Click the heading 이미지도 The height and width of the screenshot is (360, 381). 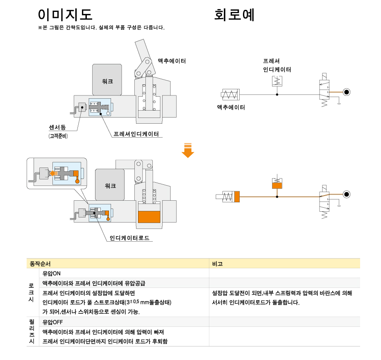pos(65,15)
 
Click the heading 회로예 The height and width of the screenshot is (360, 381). pos(234,15)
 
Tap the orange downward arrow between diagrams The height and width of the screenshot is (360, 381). pos(188,150)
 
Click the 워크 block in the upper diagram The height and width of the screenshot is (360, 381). pos(107,80)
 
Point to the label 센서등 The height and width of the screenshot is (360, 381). pos(57,127)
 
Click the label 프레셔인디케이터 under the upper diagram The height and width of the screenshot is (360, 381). pos(136,134)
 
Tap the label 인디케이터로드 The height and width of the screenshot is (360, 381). pos(129,238)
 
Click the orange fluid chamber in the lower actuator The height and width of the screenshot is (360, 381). pos(149,216)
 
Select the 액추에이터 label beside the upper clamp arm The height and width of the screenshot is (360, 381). pos(172,61)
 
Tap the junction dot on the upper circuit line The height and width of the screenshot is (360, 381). pos(277,95)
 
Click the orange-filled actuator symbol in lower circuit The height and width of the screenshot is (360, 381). pos(237,197)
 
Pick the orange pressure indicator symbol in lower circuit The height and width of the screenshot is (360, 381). pos(277,185)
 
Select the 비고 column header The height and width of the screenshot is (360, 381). pos(218,263)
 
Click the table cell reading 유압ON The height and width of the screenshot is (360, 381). pos(52,273)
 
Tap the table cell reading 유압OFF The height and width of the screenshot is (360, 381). pos(53,322)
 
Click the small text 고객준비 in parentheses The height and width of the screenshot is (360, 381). pos(58,136)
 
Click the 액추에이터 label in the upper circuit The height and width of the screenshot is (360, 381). pos(231,107)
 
